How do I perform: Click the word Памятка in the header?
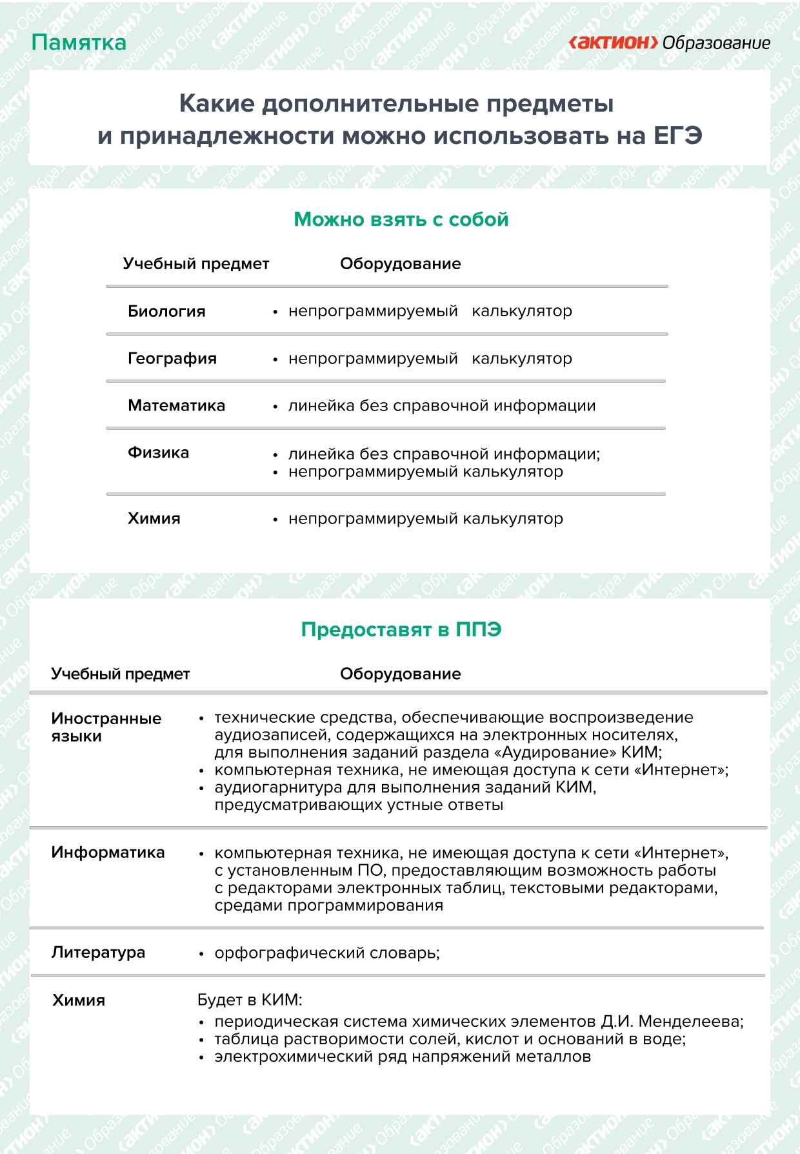(x=79, y=43)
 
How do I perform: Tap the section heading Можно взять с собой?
(x=401, y=219)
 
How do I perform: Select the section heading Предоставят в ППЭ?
(x=401, y=629)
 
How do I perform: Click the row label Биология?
(x=166, y=311)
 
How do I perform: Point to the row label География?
(x=172, y=358)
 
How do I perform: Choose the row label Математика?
(x=176, y=405)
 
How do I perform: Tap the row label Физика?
(x=158, y=452)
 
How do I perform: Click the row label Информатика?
(x=108, y=852)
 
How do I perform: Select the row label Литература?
(x=98, y=952)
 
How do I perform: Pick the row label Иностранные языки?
(x=106, y=727)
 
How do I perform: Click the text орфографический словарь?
(x=326, y=953)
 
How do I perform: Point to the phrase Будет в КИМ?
(x=249, y=1000)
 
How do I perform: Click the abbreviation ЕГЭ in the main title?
(x=677, y=136)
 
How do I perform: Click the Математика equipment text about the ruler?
(x=441, y=406)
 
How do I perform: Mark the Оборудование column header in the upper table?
(x=400, y=263)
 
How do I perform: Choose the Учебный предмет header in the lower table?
(x=120, y=674)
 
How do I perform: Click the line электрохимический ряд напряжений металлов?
(x=403, y=1057)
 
